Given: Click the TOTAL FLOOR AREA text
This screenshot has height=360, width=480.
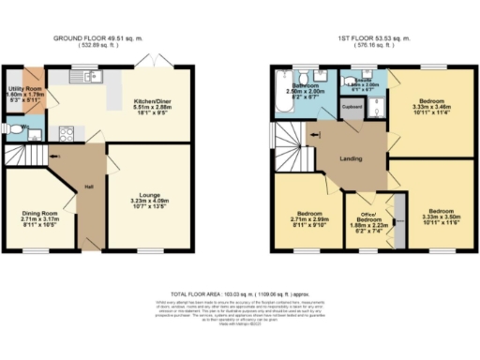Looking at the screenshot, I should (x=240, y=294).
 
